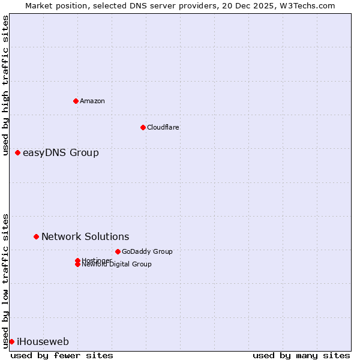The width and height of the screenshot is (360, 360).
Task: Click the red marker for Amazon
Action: coord(76,101)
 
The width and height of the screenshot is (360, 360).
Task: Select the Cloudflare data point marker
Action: coord(143,127)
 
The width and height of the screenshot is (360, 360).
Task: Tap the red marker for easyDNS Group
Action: coord(18,153)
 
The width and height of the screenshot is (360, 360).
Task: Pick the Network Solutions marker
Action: coord(36,237)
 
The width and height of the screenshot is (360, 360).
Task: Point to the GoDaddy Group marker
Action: coord(118,251)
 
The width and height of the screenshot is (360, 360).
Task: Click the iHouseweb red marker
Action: coord(11,342)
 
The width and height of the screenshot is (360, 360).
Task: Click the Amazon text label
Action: coord(92,101)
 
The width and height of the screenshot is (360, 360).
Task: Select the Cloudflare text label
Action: coord(163,127)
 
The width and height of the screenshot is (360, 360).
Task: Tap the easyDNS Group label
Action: coord(61,153)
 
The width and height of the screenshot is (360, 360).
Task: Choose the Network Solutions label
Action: coord(85,237)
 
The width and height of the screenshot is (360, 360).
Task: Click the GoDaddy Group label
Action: coord(147,251)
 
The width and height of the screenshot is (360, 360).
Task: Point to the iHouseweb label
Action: coord(43,342)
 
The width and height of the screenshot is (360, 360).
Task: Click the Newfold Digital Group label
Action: coord(116,265)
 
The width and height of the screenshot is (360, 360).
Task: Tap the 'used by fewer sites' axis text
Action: coord(62,355)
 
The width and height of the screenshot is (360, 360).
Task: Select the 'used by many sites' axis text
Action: coord(301,355)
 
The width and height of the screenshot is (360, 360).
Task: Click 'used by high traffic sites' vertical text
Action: coord(5,85)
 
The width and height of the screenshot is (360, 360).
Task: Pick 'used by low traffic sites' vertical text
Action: coord(5,280)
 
